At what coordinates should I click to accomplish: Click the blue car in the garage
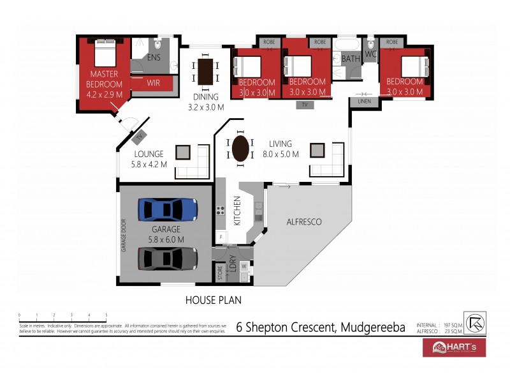(167, 209)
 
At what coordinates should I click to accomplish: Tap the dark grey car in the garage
(167, 258)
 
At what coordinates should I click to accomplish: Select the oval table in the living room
(240, 149)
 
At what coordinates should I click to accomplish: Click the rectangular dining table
(206, 71)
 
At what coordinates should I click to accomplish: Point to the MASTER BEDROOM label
(105, 79)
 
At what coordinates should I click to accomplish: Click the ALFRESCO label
(304, 222)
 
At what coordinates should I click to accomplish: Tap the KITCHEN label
(237, 211)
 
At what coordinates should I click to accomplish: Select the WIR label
(153, 83)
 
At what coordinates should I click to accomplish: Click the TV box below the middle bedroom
(305, 103)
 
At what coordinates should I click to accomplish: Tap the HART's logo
(454, 347)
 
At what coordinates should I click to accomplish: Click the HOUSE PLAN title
(213, 299)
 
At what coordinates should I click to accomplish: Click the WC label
(370, 55)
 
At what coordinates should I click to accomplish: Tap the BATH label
(351, 59)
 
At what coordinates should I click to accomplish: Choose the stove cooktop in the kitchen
(221, 210)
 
